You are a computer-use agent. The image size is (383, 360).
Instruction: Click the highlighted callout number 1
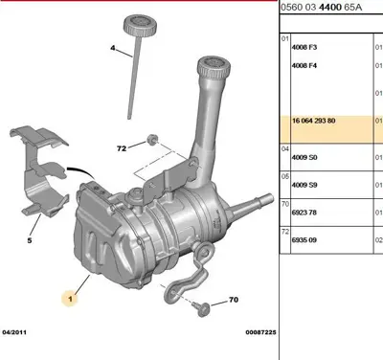coord(70,299)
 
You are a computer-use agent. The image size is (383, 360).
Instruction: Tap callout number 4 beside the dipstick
coord(113,48)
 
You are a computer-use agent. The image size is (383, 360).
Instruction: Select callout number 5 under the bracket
coord(30,240)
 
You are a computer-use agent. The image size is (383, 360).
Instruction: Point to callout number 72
coord(122,148)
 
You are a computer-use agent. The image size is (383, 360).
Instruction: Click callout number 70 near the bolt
coord(234,300)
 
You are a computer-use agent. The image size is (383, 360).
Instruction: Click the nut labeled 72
coord(152,140)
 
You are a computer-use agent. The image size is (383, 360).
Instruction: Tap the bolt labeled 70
coord(201,308)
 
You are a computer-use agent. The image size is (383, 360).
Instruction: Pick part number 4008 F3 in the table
coord(304,47)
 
